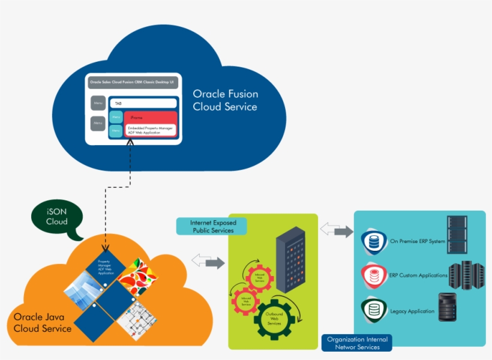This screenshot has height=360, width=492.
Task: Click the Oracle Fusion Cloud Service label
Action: pyautogui.click(x=225, y=101)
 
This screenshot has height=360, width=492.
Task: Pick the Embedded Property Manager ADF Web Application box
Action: pyautogui.click(x=150, y=130)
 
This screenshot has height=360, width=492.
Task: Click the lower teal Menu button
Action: pyautogui.click(x=116, y=130)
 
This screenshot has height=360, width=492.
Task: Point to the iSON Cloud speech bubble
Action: pyautogui.click(x=57, y=217)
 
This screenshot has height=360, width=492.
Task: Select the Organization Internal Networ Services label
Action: pyautogui.click(x=357, y=343)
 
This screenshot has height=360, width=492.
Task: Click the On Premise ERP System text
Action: pyautogui.click(x=417, y=242)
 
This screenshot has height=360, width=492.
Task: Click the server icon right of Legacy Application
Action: pyautogui.click(x=450, y=308)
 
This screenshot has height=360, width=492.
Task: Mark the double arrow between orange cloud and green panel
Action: pyautogui.click(x=208, y=262)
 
